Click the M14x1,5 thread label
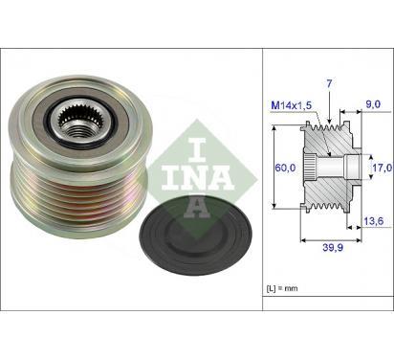tap(291, 105)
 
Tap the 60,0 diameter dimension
tap(285, 168)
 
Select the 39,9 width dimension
tap(333, 247)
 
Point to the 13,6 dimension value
tap(373, 220)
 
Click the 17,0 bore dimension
tap(382, 168)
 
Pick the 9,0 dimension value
tap(373, 104)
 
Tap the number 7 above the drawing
tap(329, 83)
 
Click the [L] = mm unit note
tap(282, 288)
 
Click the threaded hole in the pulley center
tap(77, 130)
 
